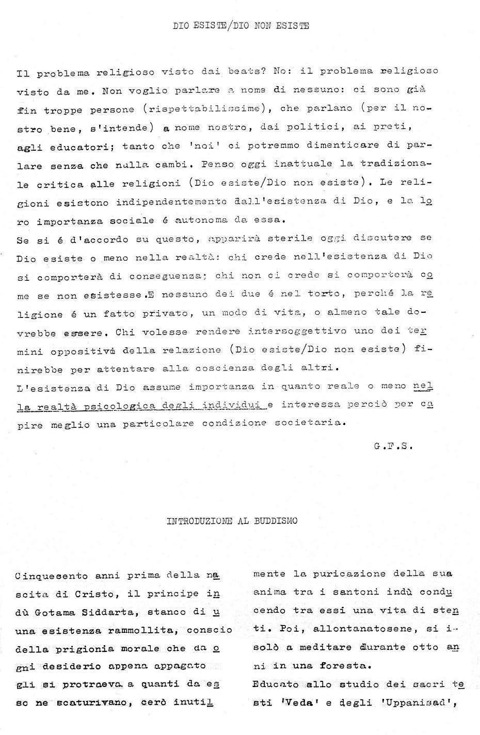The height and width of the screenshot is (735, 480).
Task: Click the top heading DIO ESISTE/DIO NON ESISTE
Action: (x=241, y=25)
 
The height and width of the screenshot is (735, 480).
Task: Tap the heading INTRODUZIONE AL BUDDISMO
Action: (x=232, y=521)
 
